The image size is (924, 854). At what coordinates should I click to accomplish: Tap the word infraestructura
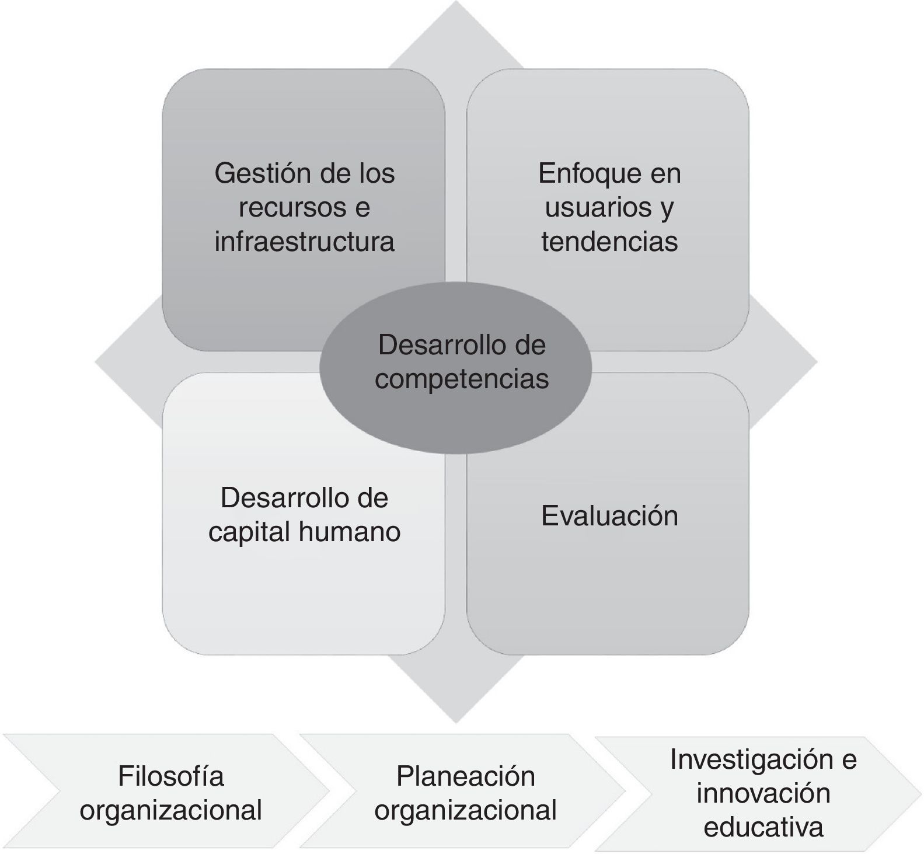304,242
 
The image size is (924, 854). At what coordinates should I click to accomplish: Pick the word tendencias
609,242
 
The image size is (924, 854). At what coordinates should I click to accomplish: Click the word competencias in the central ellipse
462,379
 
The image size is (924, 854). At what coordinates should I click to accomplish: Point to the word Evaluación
609,516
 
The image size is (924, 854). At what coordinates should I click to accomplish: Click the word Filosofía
170,776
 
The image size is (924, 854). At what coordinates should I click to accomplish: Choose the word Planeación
465,776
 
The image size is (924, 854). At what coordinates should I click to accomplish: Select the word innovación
763,793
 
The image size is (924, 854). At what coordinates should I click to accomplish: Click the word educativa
763,827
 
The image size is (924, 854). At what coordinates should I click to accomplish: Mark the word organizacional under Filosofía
170,810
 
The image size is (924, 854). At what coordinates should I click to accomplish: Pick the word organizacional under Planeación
465,810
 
